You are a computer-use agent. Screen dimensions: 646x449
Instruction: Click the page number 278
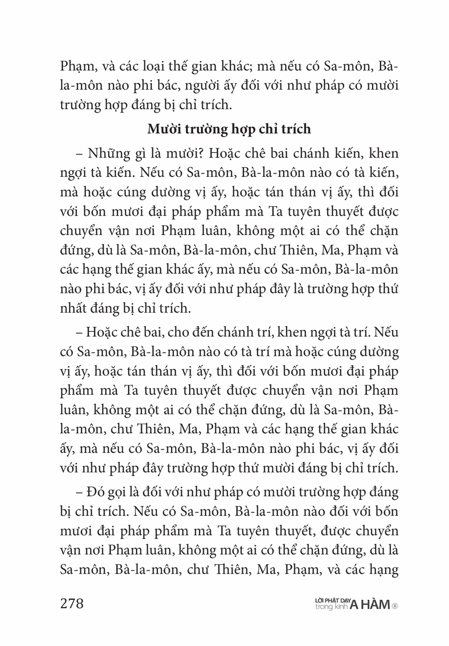(71, 603)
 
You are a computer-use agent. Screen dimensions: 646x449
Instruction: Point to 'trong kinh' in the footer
(331, 607)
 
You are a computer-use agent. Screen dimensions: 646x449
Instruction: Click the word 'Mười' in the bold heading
(164, 129)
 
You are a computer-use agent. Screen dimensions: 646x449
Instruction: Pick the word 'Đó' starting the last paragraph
(93, 492)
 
